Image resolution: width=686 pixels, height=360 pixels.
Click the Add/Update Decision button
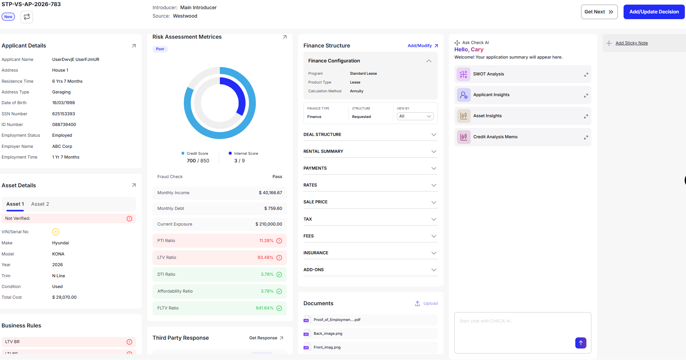point(654,12)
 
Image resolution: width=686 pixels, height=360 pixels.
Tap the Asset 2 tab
point(40,204)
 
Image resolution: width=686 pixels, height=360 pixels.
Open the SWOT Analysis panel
point(523,74)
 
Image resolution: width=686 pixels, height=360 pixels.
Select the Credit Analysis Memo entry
point(523,137)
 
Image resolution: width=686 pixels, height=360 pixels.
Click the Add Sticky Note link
point(632,43)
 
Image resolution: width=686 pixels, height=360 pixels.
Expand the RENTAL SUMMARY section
point(370,152)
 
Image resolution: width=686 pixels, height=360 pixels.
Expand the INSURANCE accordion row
point(370,253)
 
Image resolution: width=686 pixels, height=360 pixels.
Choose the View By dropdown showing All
point(415,116)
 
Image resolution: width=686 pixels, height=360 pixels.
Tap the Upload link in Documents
point(426,304)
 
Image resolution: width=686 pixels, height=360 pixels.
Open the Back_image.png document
point(328,334)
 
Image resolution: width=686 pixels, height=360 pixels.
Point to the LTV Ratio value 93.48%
point(265,258)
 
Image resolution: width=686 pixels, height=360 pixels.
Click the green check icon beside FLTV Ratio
point(279,308)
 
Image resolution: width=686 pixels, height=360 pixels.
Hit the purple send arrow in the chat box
point(581,343)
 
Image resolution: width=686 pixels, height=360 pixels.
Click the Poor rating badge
point(160,49)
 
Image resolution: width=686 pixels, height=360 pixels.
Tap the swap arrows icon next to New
point(27,17)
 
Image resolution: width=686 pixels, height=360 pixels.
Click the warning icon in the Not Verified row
point(129,219)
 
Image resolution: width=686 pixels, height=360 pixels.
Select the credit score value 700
point(191,161)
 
